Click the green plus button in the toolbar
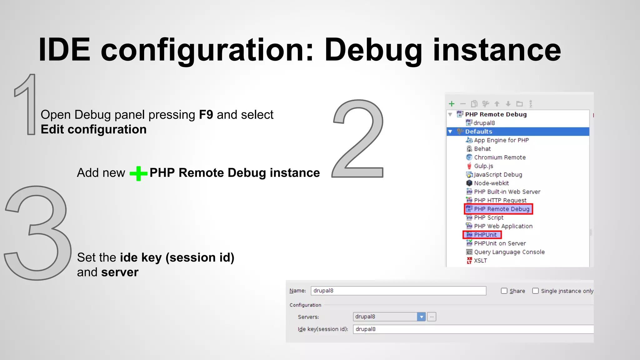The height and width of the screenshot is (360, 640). coord(452,104)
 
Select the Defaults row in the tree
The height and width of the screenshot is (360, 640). coord(478,132)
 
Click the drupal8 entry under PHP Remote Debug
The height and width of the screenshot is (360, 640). coord(484,123)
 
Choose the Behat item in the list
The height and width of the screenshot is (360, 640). coord(482,149)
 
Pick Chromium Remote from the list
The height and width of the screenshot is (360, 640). coord(499,157)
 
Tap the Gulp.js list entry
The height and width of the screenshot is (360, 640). coord(483,166)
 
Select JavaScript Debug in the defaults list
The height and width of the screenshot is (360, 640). coord(497,175)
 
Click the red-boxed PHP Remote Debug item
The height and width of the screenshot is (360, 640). coord(501,209)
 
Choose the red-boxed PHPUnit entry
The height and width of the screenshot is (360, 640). coord(485,235)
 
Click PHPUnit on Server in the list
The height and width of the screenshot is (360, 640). coord(499,243)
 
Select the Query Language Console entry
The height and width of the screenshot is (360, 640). coord(509,252)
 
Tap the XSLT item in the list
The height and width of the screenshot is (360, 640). coord(480,261)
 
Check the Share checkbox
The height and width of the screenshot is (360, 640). coord(504,291)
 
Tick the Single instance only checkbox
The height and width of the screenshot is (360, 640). coord(535,291)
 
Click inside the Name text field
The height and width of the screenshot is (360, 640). coord(398,291)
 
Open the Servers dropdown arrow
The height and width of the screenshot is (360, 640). coord(421,317)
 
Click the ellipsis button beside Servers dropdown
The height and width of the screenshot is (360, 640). coord(432,317)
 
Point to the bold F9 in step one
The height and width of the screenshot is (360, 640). coord(206,115)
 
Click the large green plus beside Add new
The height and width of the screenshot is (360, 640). coord(138,173)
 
